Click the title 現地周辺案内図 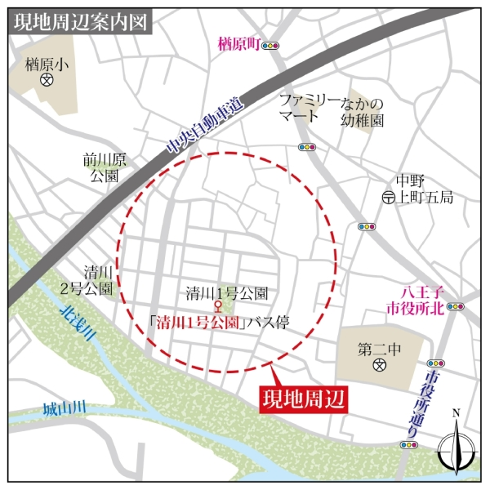tap(81, 22)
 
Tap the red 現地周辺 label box tap(303, 399)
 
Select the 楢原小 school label tap(47, 62)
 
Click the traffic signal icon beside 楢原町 tap(270, 46)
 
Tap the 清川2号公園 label tap(96, 281)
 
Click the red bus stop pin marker tap(218, 308)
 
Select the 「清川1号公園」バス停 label tap(226, 322)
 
